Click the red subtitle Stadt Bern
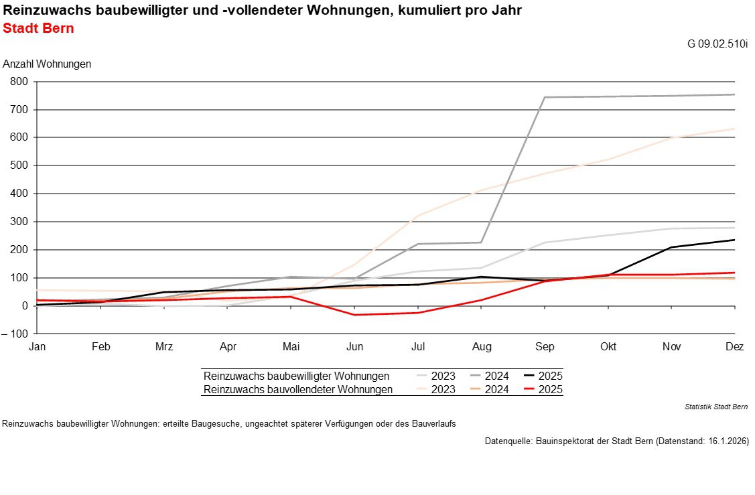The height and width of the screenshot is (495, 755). pos(38,29)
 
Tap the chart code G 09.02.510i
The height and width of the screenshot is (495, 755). pos(717,44)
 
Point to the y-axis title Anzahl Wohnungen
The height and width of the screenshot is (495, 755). pos(47,64)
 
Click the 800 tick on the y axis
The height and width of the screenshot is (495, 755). pos(19,82)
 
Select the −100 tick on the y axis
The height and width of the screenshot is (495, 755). pos(16,334)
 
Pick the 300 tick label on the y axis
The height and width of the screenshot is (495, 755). pos(19,222)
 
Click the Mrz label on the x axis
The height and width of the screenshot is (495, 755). pos(164,347)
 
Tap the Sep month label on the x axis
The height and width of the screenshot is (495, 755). pos(545,347)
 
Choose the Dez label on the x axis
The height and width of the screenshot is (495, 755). pos(734,347)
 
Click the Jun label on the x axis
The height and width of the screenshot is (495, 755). pos(354,347)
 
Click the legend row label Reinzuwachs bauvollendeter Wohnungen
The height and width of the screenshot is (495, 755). pos(297,389)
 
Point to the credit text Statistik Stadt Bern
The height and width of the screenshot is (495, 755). pos(716,407)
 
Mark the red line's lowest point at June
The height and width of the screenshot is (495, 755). pos(354,315)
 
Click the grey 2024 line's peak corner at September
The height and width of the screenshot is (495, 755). pos(545,97)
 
